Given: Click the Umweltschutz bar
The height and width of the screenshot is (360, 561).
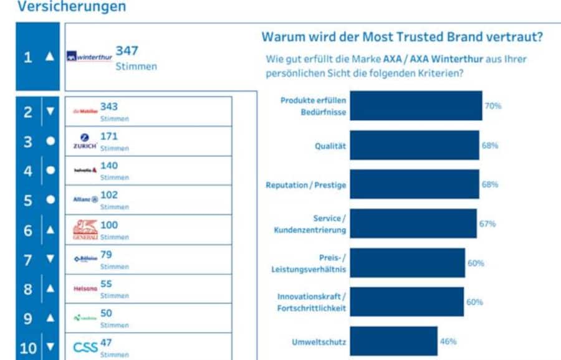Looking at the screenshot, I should click(393, 341).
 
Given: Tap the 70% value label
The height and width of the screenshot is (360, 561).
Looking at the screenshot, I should click(493, 106).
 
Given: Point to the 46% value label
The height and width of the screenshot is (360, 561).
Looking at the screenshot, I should click(448, 341).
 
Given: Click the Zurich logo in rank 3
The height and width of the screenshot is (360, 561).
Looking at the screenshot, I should click(85, 141).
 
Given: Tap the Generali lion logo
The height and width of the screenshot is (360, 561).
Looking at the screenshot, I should click(85, 230).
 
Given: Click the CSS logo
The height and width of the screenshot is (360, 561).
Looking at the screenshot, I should click(85, 347).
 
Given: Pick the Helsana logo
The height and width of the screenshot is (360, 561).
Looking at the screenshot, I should click(85, 289).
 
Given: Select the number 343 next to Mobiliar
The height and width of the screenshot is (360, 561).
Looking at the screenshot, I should click(109, 107).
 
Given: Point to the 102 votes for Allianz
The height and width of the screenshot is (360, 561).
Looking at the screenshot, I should click(109, 195).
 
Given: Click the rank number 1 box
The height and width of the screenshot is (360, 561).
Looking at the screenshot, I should click(27, 57).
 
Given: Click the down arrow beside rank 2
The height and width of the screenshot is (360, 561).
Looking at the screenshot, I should click(50, 112).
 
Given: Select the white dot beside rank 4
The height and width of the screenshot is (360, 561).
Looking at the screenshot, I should click(50, 170).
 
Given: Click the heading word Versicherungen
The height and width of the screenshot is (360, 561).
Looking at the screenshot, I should click(71, 7).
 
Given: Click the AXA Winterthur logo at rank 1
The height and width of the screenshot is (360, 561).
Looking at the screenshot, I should click(89, 57).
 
